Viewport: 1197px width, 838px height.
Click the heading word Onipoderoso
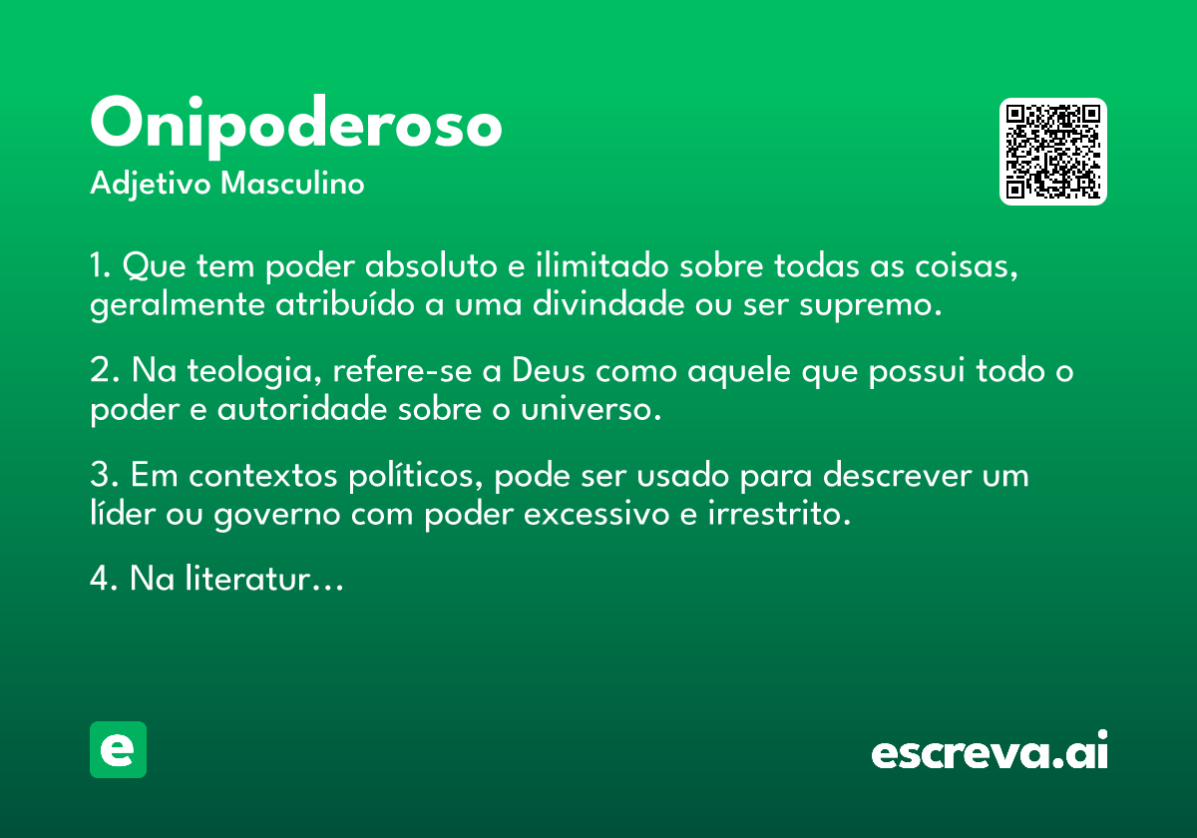coord(296,126)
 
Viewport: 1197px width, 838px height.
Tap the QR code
coord(1053,152)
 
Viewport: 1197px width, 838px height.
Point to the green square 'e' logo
coord(118,750)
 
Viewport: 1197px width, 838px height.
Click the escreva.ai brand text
coord(990,752)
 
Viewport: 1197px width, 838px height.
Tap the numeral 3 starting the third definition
coord(99,476)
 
